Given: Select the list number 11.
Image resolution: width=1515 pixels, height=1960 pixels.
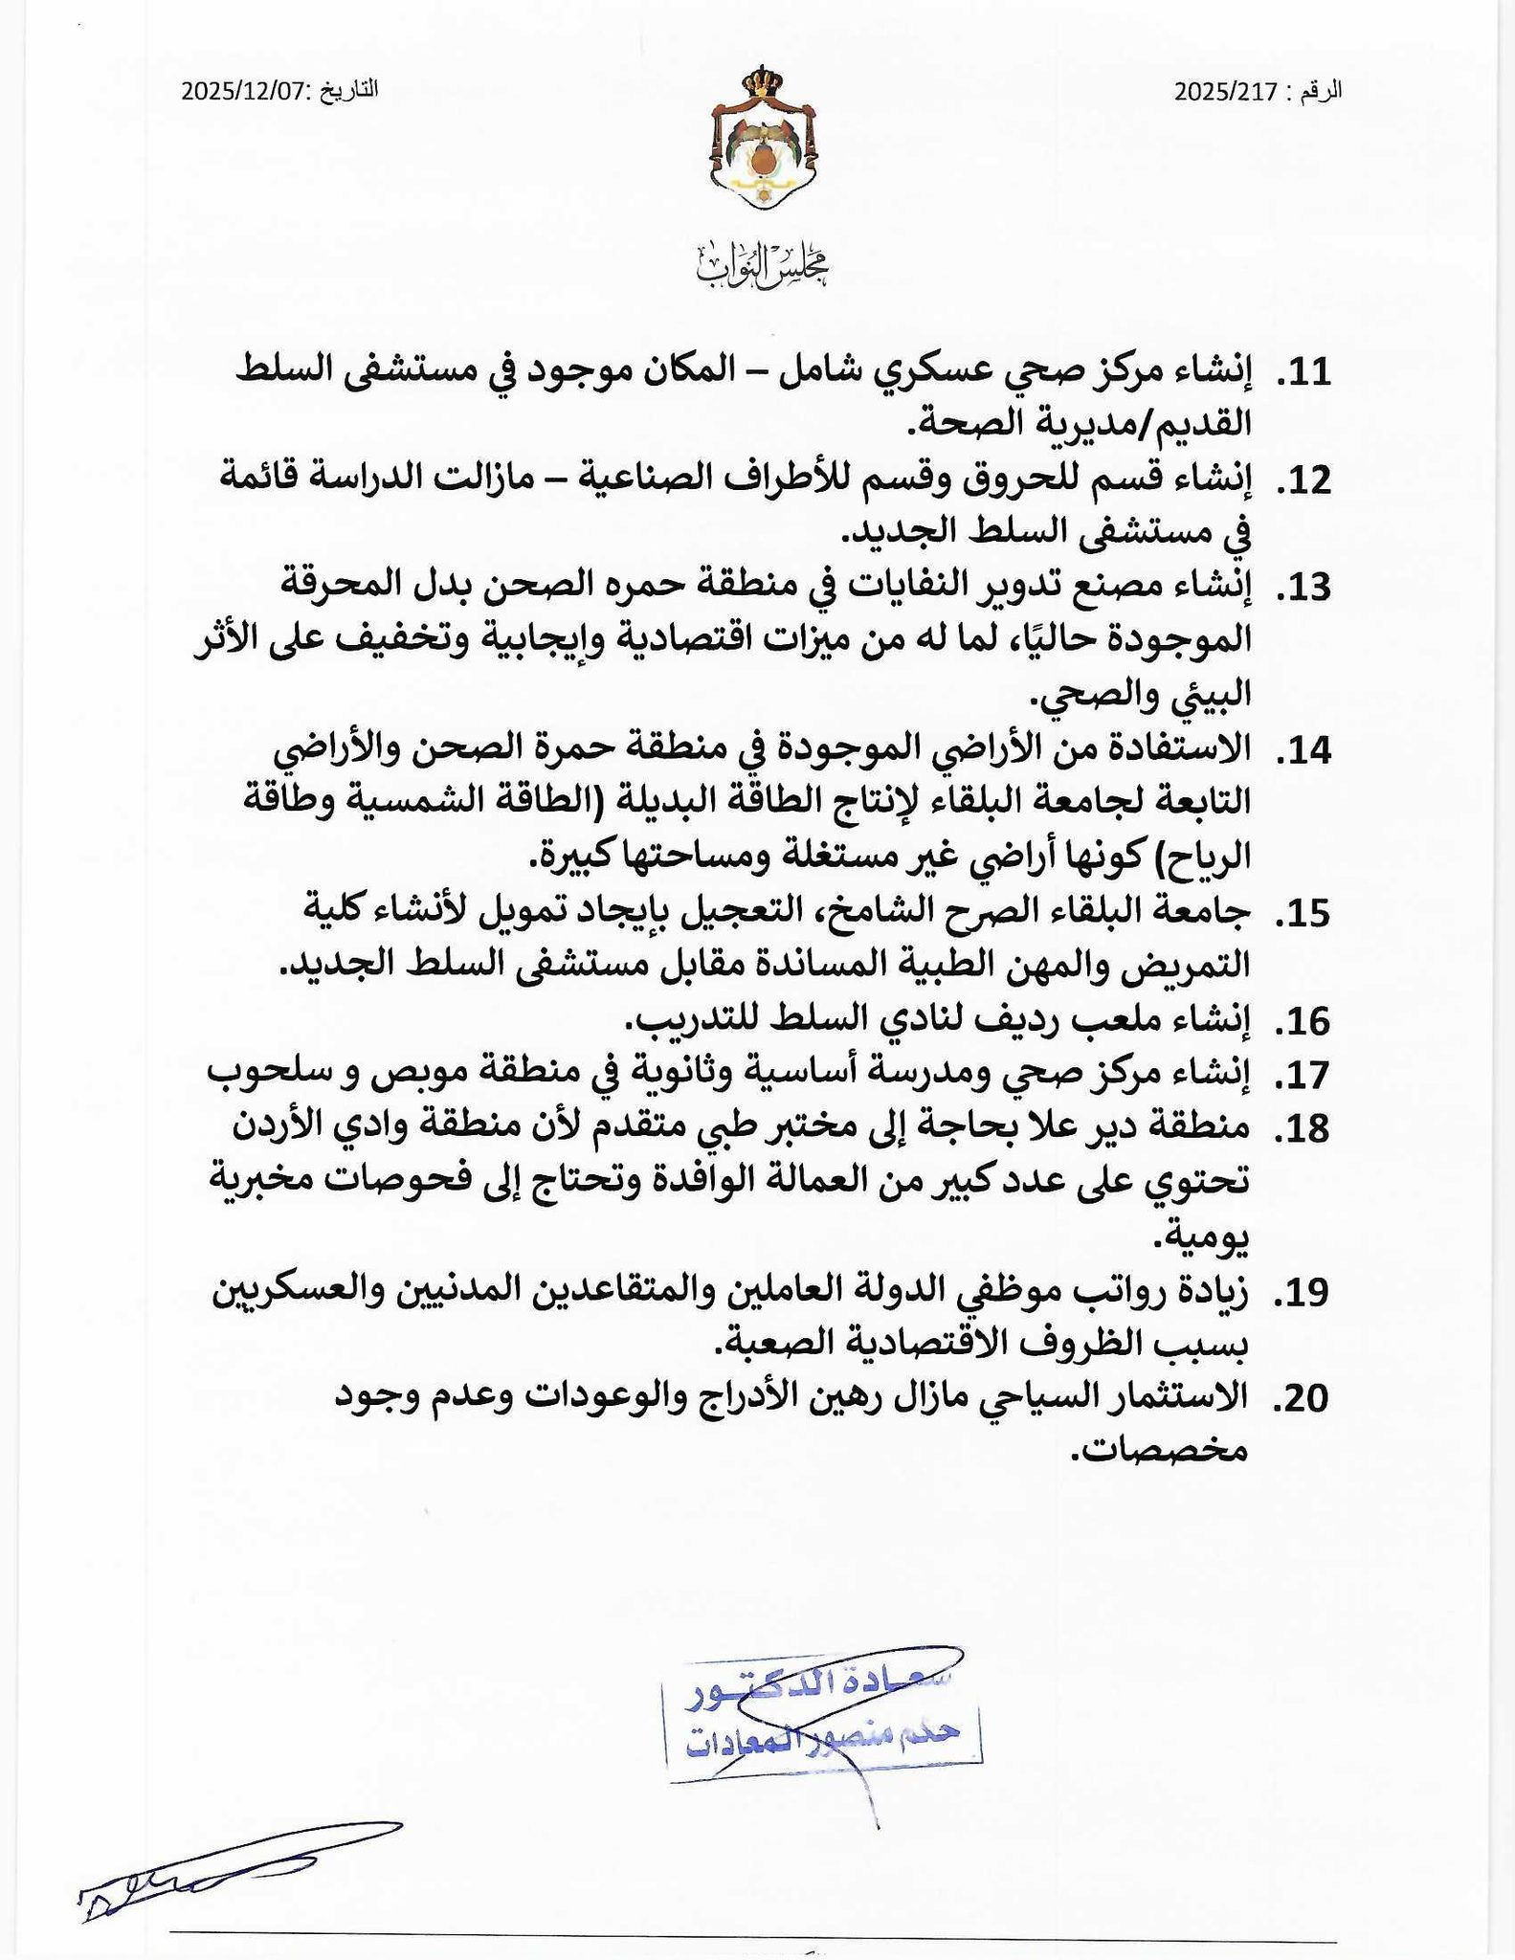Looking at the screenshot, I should click(1304, 373).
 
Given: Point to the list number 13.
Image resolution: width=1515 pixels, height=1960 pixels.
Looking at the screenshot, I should click(1304, 588).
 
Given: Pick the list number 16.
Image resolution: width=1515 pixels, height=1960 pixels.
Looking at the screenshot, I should click(1304, 1022).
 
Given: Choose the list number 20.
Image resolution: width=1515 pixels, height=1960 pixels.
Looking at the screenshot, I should click(1303, 1399).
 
